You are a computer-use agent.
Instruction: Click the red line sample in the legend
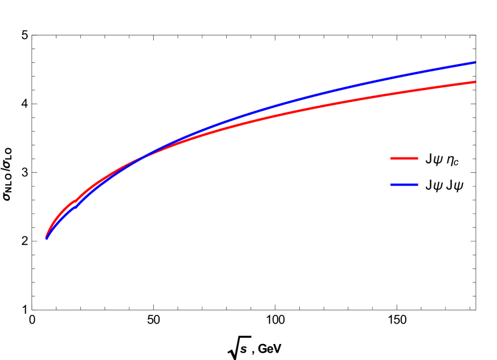[x=404, y=158]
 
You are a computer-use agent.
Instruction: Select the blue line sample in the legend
[x=404, y=184]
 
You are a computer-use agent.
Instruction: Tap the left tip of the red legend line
[x=390, y=158]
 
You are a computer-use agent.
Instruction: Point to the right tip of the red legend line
[x=418, y=158]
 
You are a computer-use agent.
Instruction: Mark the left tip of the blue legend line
[x=390, y=184]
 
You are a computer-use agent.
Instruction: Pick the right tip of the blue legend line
[x=418, y=184]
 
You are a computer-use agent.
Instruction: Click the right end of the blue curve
[x=474, y=63]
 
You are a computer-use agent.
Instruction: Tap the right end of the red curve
[x=474, y=82]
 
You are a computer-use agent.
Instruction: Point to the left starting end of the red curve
[x=46, y=236]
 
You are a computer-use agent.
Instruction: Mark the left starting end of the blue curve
[x=47, y=238]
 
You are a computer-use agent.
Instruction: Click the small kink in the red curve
[x=75, y=201]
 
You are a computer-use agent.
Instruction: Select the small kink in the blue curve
[x=75, y=207]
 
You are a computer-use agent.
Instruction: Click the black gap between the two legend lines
[x=404, y=171]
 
